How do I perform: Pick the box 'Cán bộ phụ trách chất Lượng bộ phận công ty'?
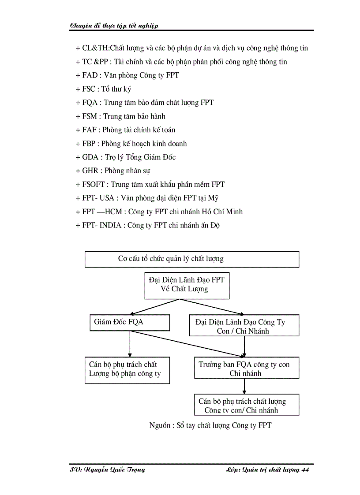coord(127,370)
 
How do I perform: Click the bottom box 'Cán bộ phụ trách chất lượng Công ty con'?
coord(246,405)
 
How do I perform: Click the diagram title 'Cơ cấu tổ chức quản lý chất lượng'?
coord(171,259)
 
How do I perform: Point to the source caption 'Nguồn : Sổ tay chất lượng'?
coord(210,425)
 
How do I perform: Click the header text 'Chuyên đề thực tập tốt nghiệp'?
coord(114,25)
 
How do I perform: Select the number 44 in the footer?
coord(305,470)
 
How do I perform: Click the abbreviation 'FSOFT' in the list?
coord(94,185)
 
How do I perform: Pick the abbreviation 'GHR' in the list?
coord(91,171)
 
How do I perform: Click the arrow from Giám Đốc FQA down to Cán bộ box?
coord(130,344)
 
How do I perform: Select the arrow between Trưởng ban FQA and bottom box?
coord(244,386)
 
